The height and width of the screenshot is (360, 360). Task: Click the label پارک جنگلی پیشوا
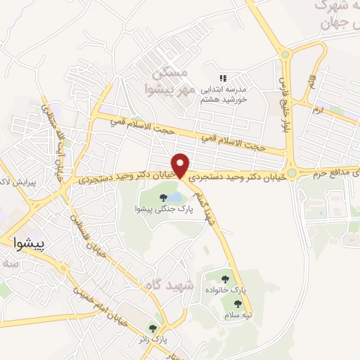(159, 209)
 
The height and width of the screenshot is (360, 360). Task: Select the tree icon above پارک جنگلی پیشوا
(163, 197)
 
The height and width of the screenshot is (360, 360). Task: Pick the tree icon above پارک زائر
(152, 328)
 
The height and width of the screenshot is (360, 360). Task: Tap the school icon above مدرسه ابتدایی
(223, 78)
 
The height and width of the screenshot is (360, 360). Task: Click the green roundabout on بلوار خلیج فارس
(285, 53)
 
